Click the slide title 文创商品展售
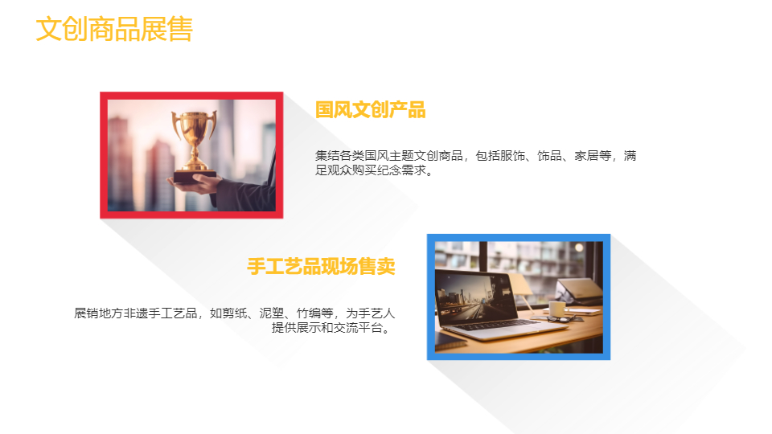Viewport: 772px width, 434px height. [114, 29]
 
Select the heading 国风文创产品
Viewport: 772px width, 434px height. [370, 110]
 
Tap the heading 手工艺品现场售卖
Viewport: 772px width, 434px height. [321, 266]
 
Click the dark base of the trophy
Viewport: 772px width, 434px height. [195, 177]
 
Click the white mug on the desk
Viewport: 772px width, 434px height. [557, 309]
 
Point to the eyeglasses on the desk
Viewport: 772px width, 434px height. [561, 319]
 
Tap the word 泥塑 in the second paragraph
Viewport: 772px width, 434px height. [272, 313]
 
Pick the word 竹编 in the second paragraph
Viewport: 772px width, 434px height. [309, 313]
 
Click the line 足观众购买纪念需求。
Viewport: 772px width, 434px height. [374, 170]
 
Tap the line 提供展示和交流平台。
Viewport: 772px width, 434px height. [332, 328]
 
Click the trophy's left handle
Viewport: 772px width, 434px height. [175, 124]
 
